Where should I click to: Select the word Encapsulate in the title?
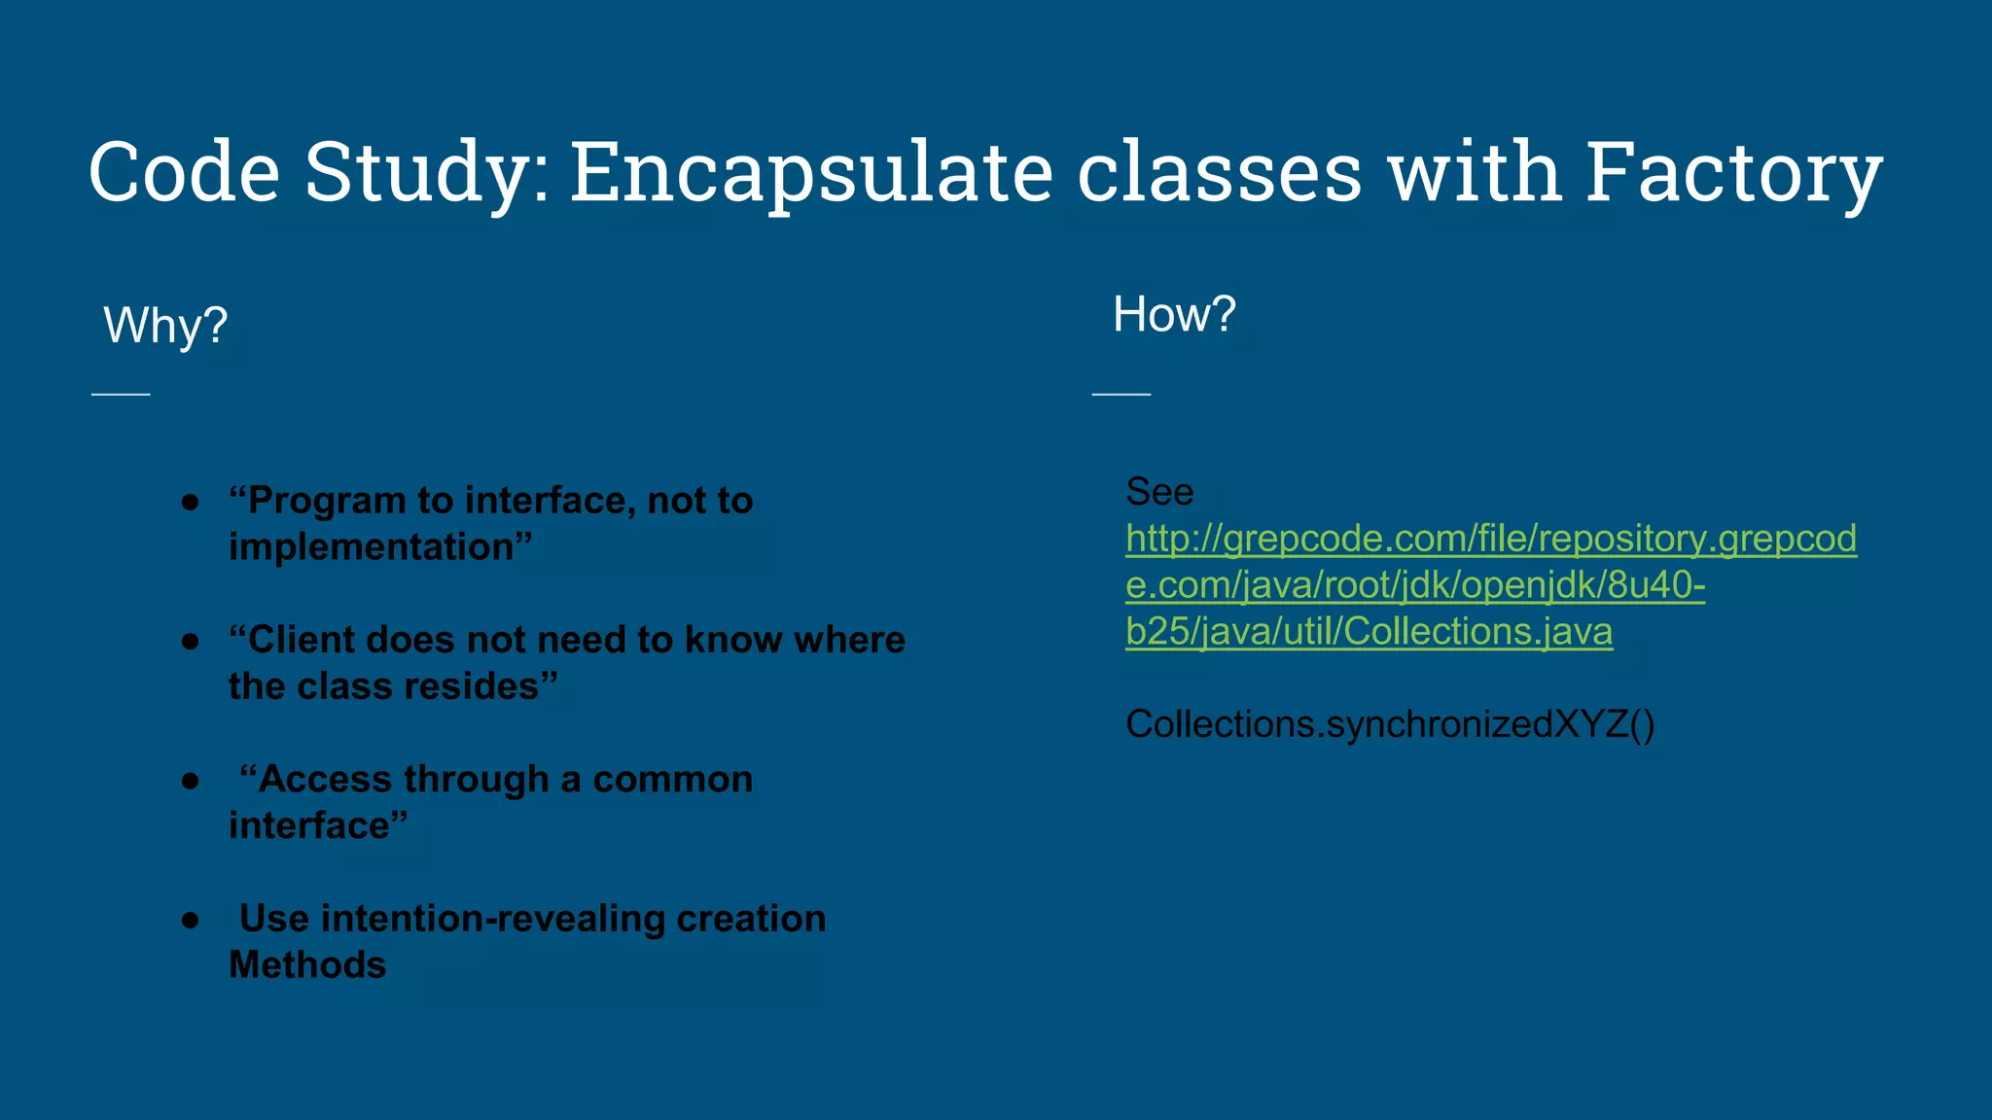click(x=811, y=172)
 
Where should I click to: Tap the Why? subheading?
click(x=165, y=326)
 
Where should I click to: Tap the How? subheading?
click(x=1174, y=315)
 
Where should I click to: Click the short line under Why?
click(x=121, y=394)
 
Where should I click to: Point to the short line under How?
click(x=1121, y=394)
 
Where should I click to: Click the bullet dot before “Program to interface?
click(x=191, y=503)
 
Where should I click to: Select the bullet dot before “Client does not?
click(x=191, y=642)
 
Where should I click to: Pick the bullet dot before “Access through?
click(x=191, y=781)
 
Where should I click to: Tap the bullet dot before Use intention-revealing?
click(x=191, y=920)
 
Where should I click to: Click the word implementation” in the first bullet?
click(x=380, y=547)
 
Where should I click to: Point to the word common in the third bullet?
click(x=672, y=780)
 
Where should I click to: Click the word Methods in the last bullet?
click(x=307, y=965)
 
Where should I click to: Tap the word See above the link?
click(x=1158, y=492)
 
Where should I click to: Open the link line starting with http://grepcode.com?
click(x=1490, y=539)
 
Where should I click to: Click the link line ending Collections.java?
click(x=1369, y=632)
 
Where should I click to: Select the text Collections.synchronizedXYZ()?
click(x=1390, y=725)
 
